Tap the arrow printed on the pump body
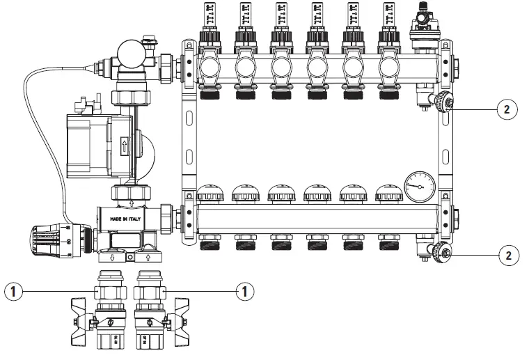point(125,147)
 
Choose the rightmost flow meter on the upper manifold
point(386,17)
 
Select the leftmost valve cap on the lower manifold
point(210,193)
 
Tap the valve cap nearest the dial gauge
point(387,193)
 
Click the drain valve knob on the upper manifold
point(440,104)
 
